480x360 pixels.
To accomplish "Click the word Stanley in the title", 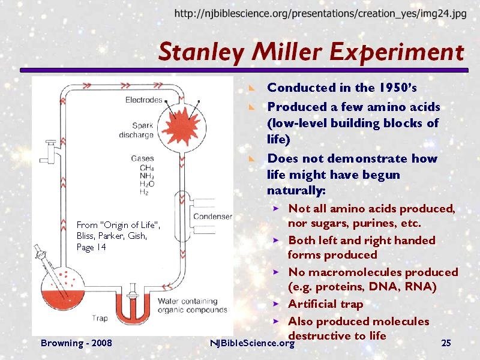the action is [x=201, y=52].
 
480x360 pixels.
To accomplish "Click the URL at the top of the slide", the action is [x=320, y=13].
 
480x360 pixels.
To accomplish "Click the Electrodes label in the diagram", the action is [x=143, y=100].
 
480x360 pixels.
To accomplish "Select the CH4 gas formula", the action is [x=146, y=168].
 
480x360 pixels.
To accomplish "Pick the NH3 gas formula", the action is [x=146, y=176].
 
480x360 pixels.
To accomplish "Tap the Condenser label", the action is [x=212, y=217].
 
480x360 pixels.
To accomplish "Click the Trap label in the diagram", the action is [x=100, y=319].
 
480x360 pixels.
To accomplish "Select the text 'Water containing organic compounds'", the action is [x=192, y=305].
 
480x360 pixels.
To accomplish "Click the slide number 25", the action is [x=446, y=343].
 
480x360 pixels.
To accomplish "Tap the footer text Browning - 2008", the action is [x=76, y=343].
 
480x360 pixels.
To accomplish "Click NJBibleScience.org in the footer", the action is [x=252, y=343].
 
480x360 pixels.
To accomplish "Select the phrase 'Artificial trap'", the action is [x=325, y=304].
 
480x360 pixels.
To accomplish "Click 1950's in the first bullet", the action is [x=398, y=88].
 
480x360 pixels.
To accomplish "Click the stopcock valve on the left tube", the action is [x=50, y=152].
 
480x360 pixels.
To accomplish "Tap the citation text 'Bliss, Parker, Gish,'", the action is [x=112, y=236].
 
